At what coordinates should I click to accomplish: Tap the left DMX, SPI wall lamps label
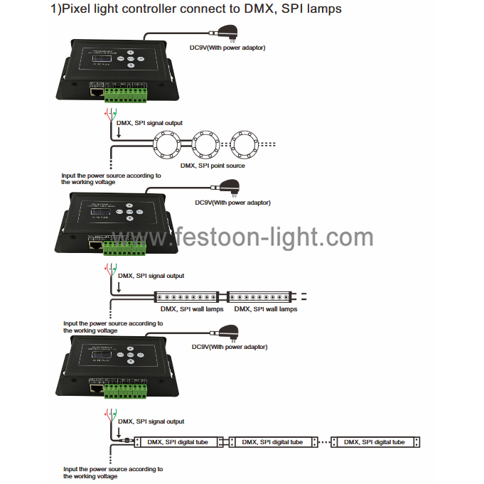point(191,309)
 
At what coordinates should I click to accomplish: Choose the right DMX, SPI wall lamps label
point(265,309)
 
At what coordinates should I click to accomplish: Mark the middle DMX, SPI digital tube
point(273,442)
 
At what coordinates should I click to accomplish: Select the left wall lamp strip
point(188,296)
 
